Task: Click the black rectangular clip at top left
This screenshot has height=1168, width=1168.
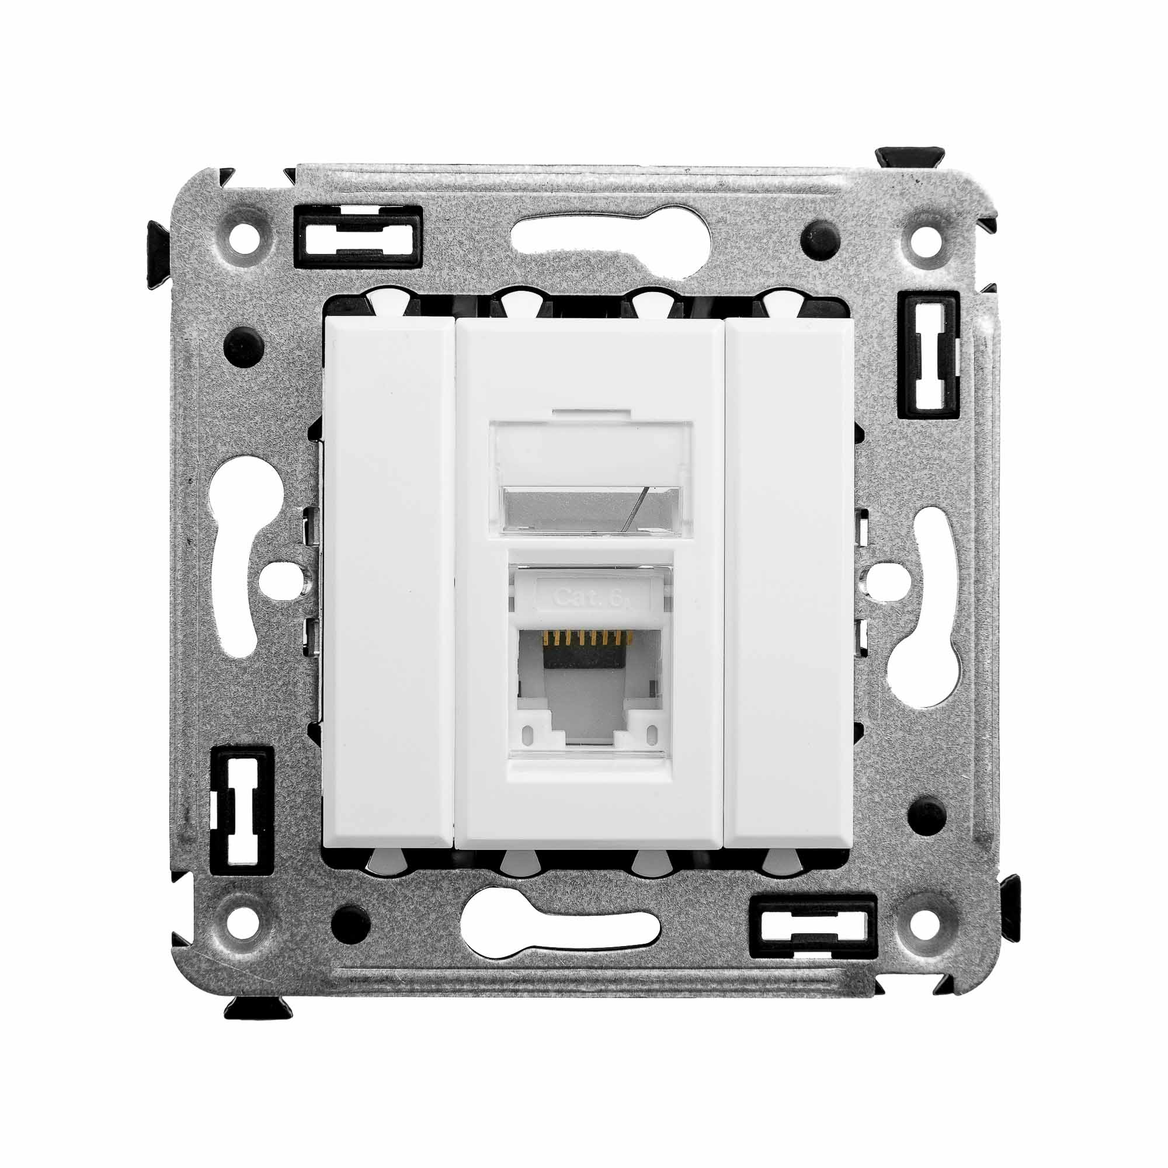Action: click(x=357, y=237)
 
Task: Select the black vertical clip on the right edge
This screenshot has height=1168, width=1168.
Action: click(x=929, y=356)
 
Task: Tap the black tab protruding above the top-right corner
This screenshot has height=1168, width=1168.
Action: click(x=909, y=157)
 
